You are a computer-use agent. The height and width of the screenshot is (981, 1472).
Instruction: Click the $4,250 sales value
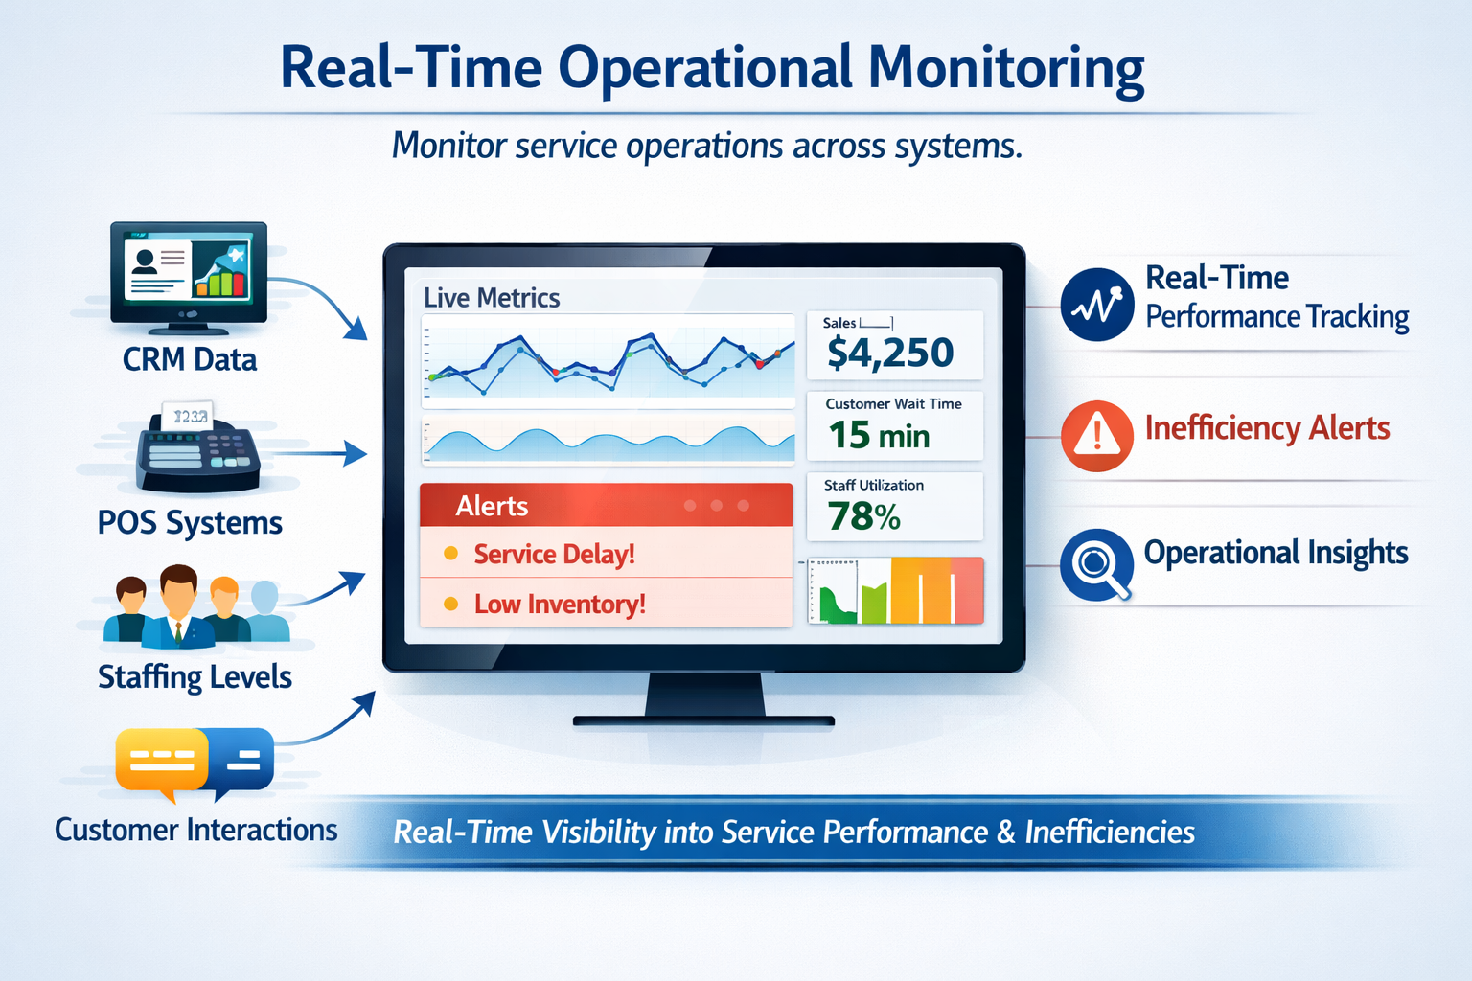(890, 353)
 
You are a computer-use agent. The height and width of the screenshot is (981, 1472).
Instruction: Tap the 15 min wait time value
(879, 435)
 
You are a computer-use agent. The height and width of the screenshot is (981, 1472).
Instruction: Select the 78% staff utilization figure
(863, 515)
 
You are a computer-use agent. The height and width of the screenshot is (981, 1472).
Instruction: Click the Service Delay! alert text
(554, 554)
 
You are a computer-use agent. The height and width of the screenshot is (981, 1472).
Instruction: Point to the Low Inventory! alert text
(560, 604)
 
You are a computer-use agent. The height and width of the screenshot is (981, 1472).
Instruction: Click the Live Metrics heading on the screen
(492, 298)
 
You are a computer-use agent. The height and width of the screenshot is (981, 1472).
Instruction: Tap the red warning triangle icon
(1096, 436)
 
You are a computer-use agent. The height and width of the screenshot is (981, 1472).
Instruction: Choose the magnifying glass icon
(1096, 564)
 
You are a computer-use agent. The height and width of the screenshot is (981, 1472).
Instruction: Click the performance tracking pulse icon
(1096, 305)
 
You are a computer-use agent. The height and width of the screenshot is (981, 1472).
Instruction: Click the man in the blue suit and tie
(178, 606)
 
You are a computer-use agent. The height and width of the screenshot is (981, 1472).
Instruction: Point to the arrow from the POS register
(314, 453)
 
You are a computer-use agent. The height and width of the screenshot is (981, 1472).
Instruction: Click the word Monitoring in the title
(1006, 69)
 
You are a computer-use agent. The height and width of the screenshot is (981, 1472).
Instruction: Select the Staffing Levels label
(195, 677)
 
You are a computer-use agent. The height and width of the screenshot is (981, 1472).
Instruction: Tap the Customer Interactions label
(195, 830)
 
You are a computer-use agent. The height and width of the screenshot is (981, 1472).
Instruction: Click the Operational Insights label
(1276, 553)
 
